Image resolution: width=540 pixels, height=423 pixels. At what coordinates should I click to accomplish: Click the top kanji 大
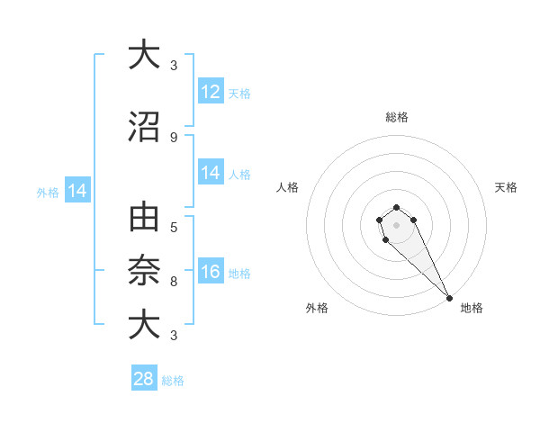pos(143,54)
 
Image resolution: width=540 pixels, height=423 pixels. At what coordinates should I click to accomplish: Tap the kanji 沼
pos(143,127)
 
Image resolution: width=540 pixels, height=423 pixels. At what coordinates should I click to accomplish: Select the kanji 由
pos(143,217)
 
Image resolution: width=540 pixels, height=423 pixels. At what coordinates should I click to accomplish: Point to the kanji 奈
pos(143,269)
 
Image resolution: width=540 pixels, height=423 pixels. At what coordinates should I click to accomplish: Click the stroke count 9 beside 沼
pos(174,138)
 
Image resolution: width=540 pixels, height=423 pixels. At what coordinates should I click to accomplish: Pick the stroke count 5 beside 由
pos(174,227)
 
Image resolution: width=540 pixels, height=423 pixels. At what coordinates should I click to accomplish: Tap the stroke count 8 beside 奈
pos(174,282)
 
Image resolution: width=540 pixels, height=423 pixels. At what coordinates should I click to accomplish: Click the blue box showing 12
pos(211,92)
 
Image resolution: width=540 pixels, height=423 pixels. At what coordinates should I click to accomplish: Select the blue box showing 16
pos(211,272)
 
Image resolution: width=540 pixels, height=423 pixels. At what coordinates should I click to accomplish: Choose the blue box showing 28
pos(144,379)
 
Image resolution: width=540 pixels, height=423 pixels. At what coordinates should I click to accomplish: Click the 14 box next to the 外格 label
pos(77,191)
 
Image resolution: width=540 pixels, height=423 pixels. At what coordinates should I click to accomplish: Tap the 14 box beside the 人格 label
pos(211,173)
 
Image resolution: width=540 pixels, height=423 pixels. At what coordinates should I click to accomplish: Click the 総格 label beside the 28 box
pos(174,381)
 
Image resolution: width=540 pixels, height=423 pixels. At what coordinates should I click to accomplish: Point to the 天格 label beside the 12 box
pos(239,94)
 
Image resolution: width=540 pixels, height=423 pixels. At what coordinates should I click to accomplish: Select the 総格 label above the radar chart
pos(396,117)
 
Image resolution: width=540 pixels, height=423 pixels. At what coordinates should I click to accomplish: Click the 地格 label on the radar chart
pos(472,308)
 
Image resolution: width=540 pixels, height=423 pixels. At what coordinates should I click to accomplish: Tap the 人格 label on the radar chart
pos(288,187)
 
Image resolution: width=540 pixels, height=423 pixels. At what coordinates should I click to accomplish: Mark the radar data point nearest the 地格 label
pos(449,298)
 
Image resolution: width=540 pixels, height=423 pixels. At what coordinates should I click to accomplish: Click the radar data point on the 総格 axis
pos(396,208)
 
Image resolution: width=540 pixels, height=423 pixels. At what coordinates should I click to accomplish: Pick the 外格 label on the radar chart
pos(317,308)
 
